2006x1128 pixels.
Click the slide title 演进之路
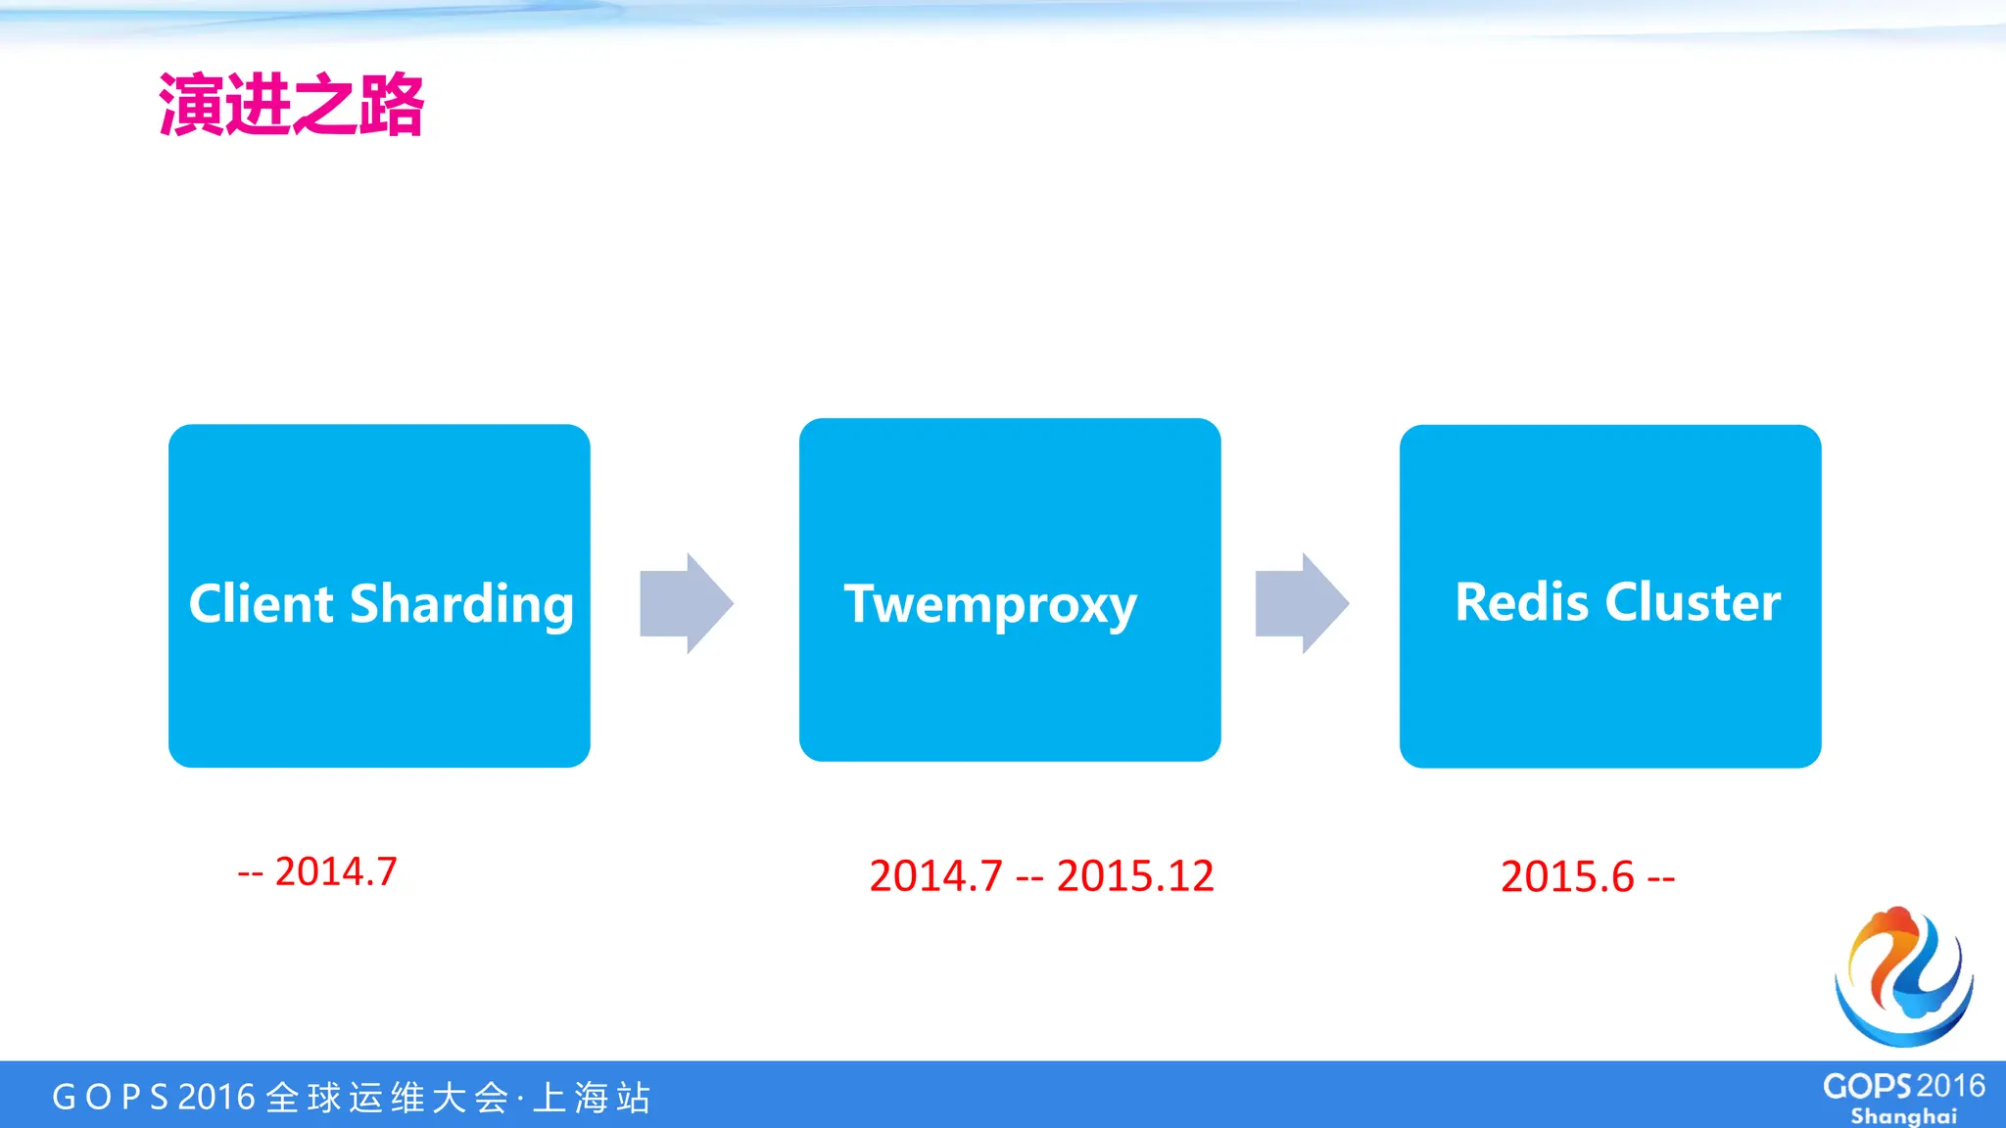pyautogui.click(x=291, y=105)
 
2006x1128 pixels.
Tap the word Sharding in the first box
pyautogui.click(x=461, y=605)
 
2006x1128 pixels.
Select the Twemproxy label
pyautogui.click(x=990, y=605)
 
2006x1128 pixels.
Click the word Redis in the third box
pyautogui.click(x=1521, y=602)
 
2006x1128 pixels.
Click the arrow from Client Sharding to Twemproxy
pyautogui.click(x=687, y=603)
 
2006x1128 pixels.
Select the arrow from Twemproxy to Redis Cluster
pyautogui.click(x=1302, y=603)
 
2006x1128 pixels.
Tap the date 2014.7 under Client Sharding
pyautogui.click(x=335, y=871)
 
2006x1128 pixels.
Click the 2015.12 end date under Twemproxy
pyautogui.click(x=1135, y=875)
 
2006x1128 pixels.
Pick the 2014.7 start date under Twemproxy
pyautogui.click(x=935, y=875)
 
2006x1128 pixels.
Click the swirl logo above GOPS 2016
pyautogui.click(x=1903, y=976)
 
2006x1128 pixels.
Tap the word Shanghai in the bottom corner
pyautogui.click(x=1903, y=1116)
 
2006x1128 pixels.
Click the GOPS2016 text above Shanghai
pyautogui.click(x=1903, y=1086)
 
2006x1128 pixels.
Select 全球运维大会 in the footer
pyautogui.click(x=388, y=1098)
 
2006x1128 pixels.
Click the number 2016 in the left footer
pyautogui.click(x=216, y=1098)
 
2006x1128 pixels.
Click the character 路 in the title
pyautogui.click(x=391, y=105)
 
